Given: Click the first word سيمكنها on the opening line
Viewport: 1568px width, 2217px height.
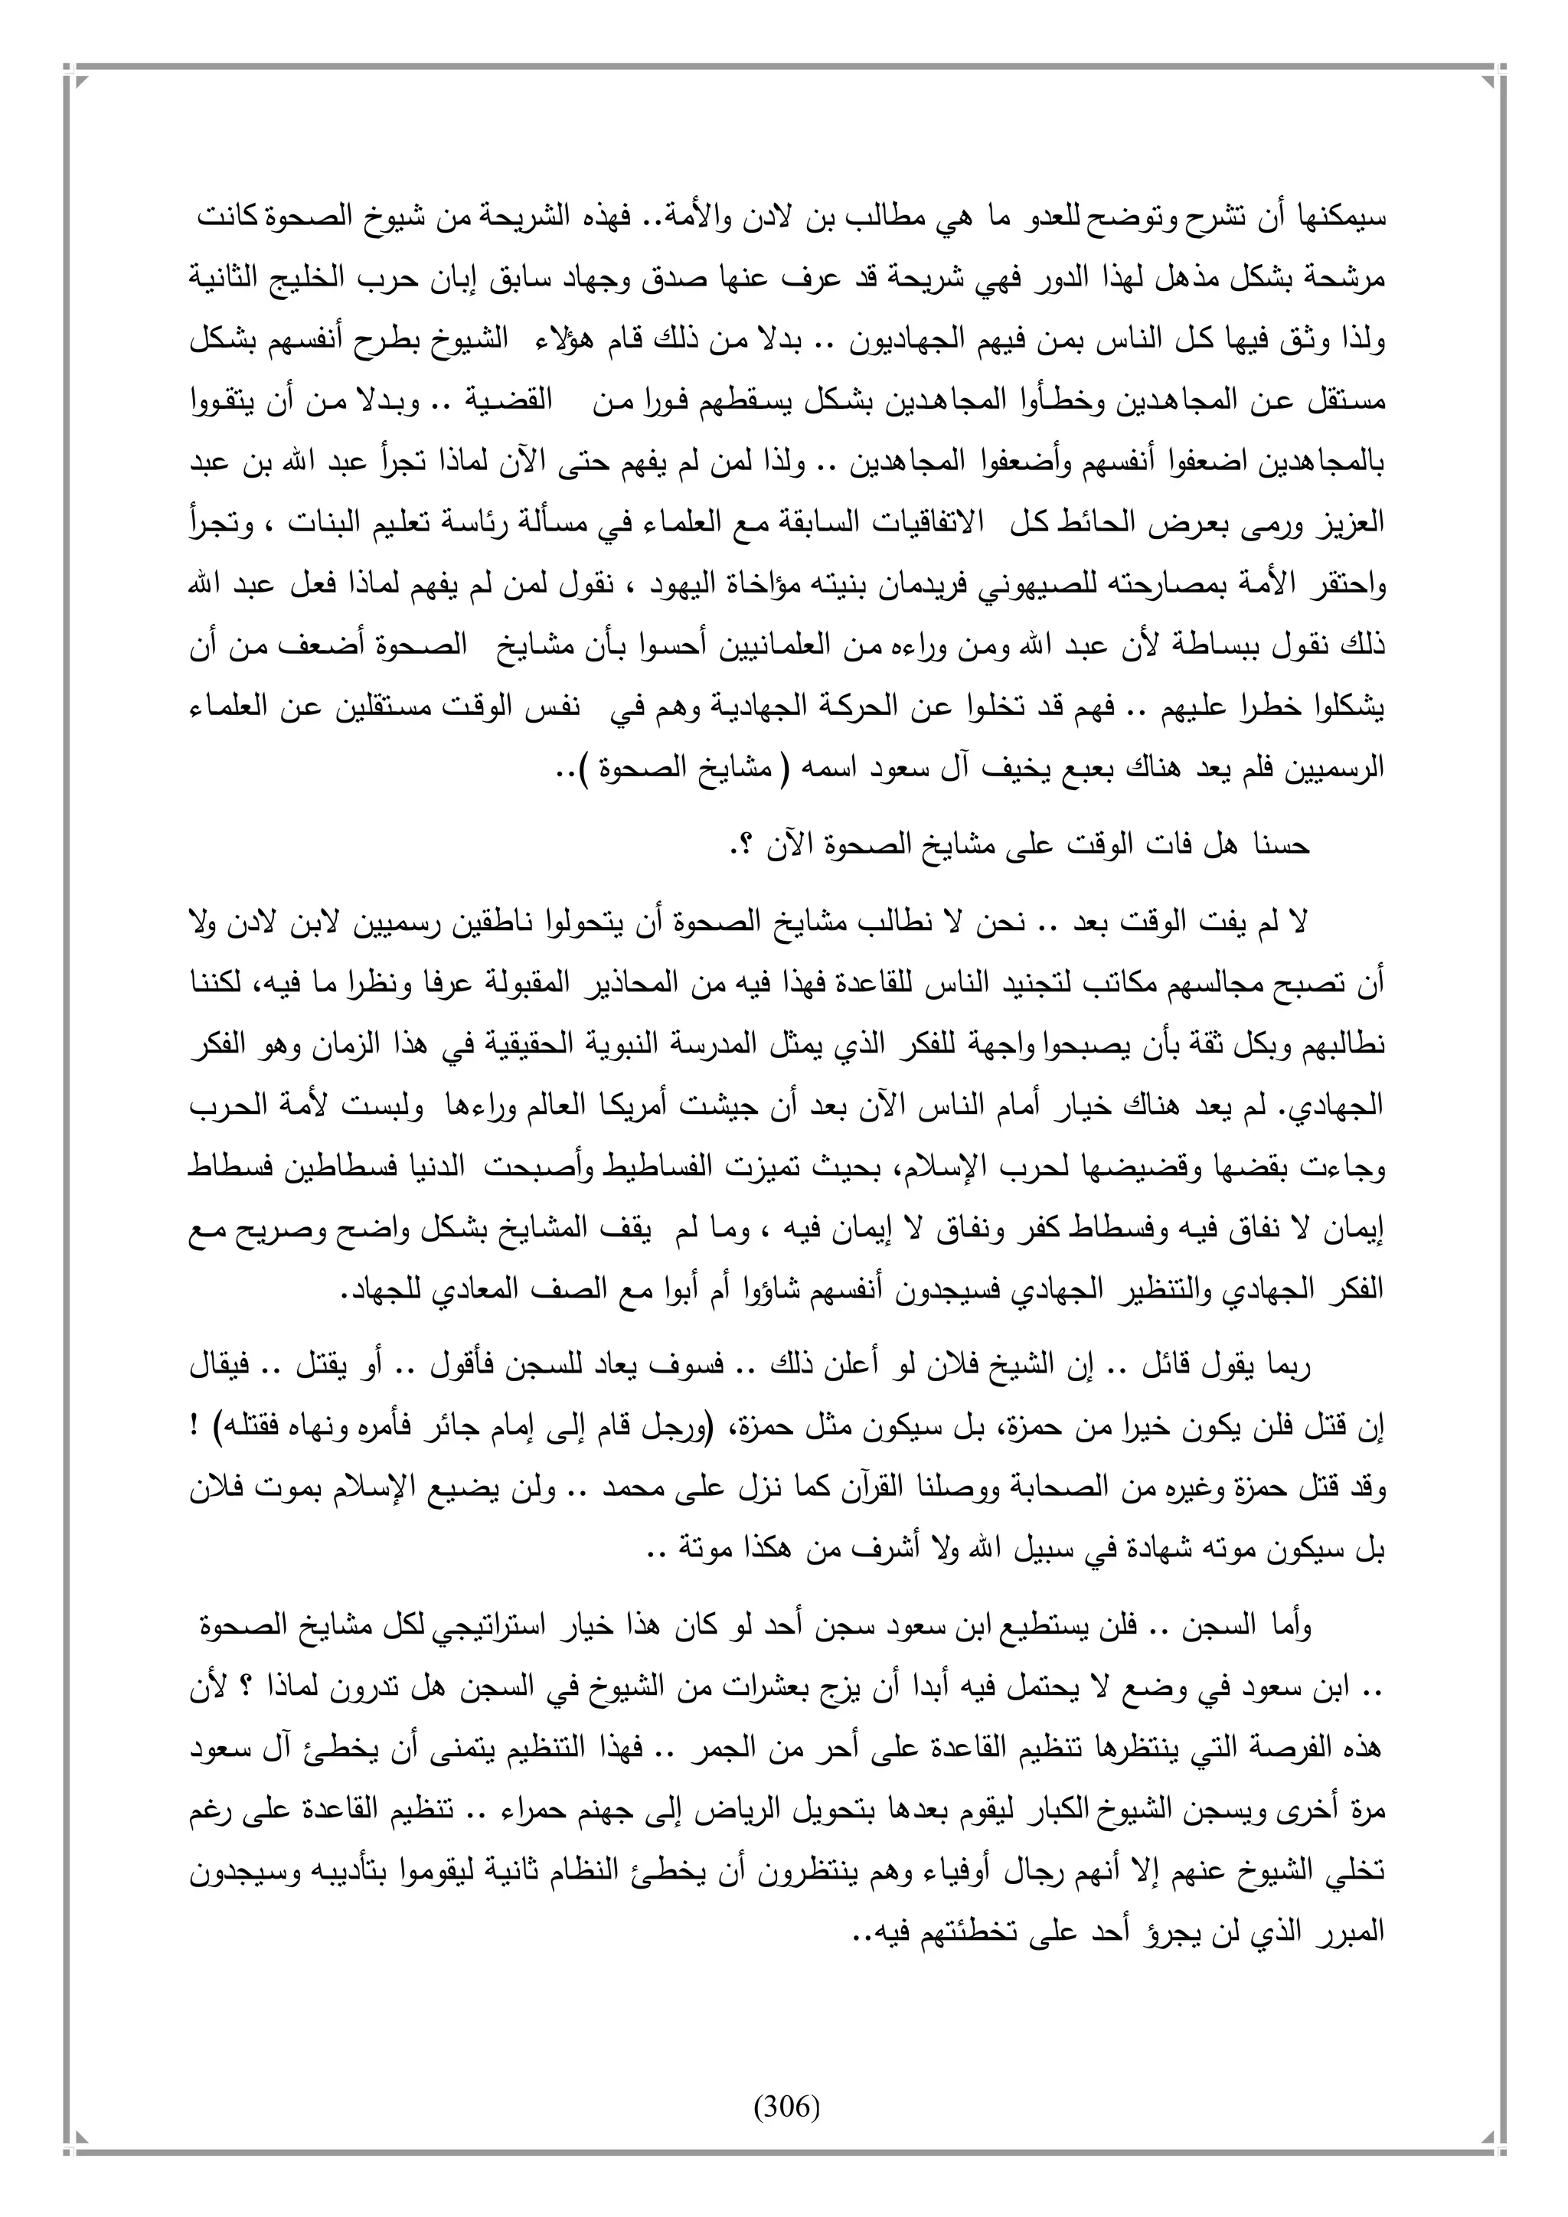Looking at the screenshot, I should tap(1346, 218).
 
